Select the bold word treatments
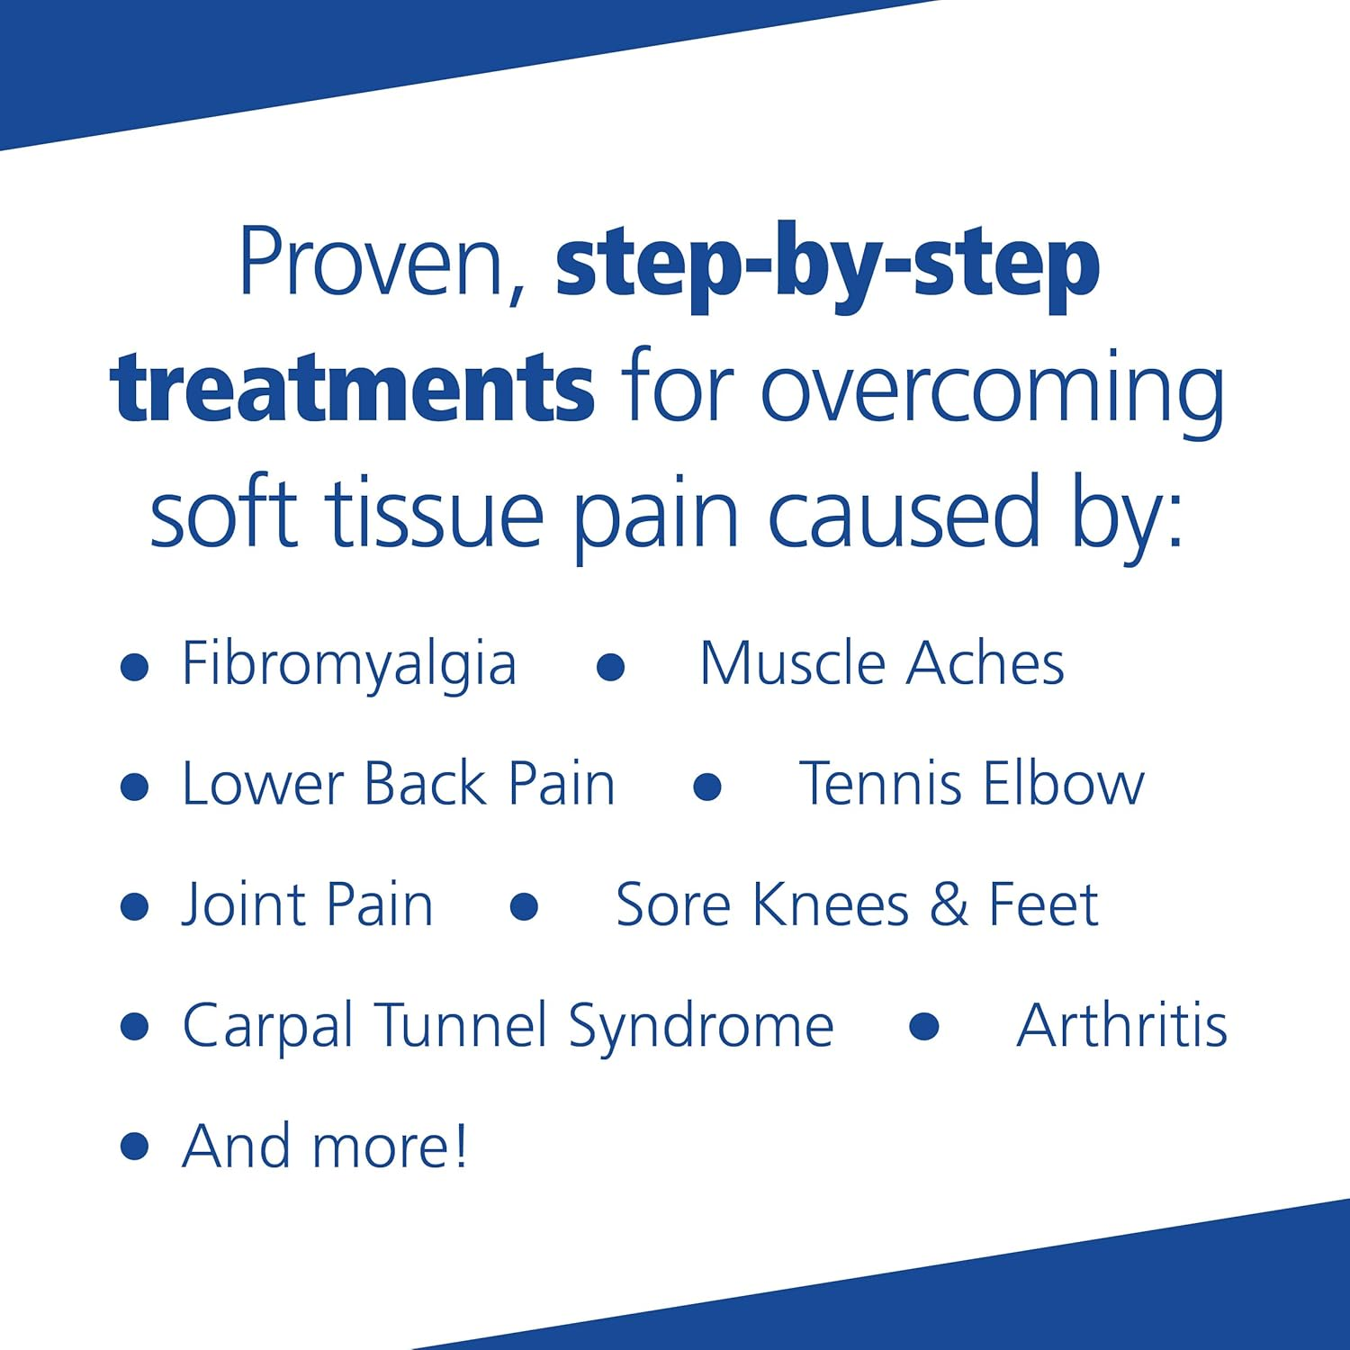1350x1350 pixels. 352,388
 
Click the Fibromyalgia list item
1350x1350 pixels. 349,665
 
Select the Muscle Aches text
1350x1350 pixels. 882,663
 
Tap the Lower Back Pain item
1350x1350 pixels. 399,784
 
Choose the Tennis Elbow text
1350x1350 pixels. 972,784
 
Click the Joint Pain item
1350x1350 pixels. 308,904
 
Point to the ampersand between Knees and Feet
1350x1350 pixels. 949,904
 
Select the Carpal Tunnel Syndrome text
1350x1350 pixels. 508,1026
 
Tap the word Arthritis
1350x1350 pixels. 1122,1025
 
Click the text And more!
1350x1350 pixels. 325,1146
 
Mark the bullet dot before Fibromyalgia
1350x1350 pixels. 134,667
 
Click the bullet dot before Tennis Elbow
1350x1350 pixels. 707,787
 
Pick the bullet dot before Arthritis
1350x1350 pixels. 924,1027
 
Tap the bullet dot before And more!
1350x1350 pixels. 134,1147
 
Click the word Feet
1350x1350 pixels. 1043,904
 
